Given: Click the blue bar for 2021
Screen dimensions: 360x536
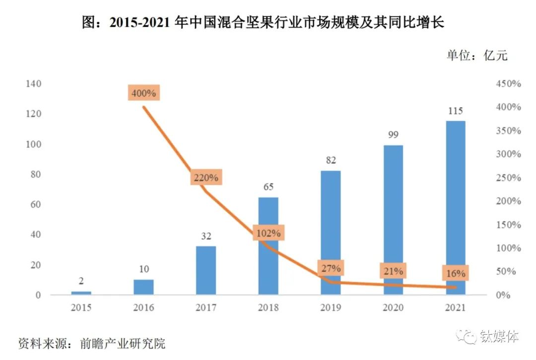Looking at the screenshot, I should pyautogui.click(x=455, y=208).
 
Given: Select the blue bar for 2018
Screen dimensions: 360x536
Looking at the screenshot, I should pyautogui.click(x=268, y=246).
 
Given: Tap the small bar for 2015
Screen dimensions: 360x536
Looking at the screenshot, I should pyautogui.click(x=81, y=293).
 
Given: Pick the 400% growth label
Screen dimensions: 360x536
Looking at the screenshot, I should pyautogui.click(x=143, y=93).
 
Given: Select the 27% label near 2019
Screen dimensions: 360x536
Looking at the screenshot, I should pyautogui.click(x=331, y=269).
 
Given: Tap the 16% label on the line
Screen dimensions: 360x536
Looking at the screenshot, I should pyautogui.click(x=455, y=273).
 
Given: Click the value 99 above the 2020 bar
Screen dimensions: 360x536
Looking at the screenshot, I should pyautogui.click(x=393, y=134).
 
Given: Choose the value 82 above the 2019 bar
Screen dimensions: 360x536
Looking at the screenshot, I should pyautogui.click(x=331, y=160).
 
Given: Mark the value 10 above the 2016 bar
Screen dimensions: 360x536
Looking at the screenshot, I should pyautogui.click(x=143, y=269).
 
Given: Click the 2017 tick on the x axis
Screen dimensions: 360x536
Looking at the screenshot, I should pyautogui.click(x=206, y=308).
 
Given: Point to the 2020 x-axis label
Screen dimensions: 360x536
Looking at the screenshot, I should pyautogui.click(x=393, y=308).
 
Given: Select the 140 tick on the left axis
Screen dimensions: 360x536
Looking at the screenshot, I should pyautogui.click(x=33, y=84).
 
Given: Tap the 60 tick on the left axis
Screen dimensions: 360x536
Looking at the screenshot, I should pyautogui.click(x=35, y=205).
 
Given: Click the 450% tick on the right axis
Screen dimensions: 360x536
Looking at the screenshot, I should pyautogui.click(x=508, y=84).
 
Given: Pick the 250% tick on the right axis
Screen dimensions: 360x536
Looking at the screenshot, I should pyautogui.click(x=508, y=178).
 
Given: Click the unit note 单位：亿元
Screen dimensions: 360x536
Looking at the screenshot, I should pyautogui.click(x=477, y=56).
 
